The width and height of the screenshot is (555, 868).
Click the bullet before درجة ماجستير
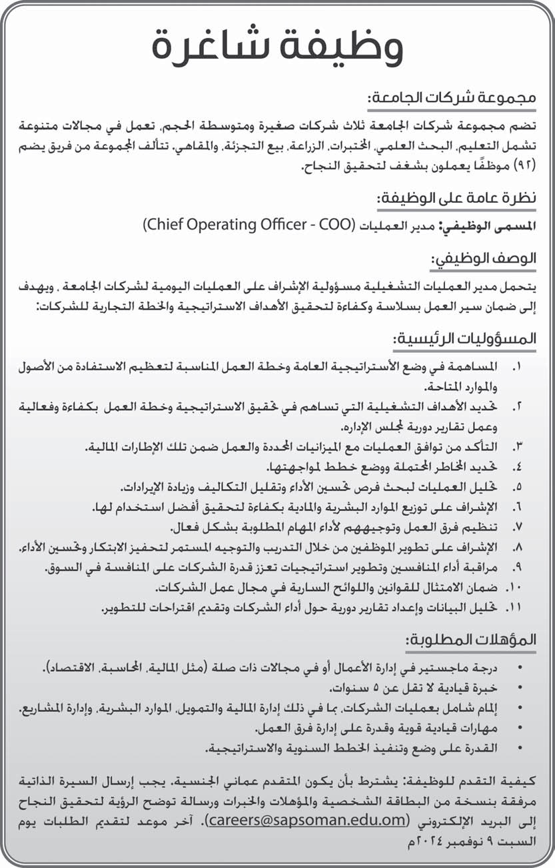[519, 669]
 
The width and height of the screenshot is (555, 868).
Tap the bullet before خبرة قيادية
[519, 688]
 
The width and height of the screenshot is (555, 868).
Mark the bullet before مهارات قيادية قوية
[519, 728]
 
